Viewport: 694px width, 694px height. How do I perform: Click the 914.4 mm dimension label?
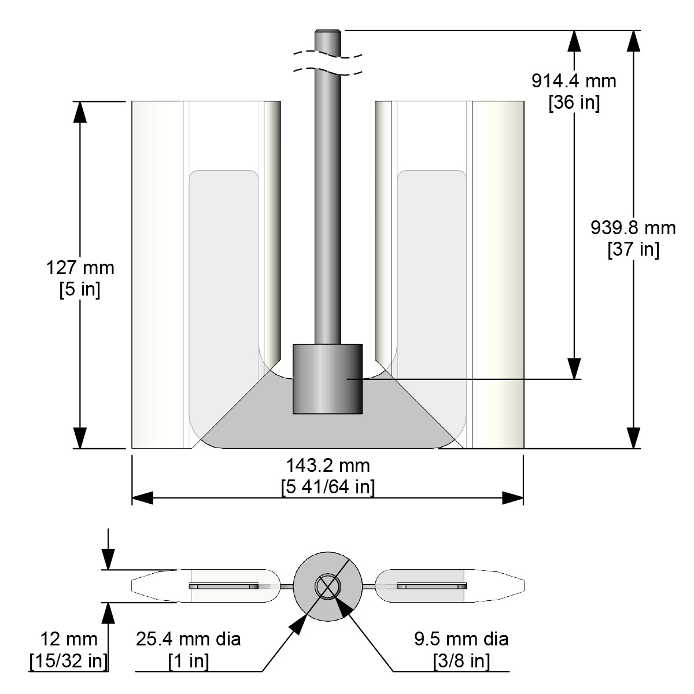click(x=574, y=80)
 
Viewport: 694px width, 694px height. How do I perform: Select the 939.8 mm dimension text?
click(x=633, y=228)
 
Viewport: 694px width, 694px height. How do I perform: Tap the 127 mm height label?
click(x=80, y=268)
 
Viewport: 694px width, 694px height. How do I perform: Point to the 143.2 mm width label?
click(x=328, y=465)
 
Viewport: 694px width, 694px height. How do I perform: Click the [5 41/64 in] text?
click(x=328, y=487)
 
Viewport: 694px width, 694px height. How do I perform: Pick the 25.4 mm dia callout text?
click(x=189, y=639)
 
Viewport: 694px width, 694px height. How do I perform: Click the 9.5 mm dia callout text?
click(x=462, y=639)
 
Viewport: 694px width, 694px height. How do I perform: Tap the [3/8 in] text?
click(x=462, y=660)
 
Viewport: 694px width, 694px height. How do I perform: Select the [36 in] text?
click(x=574, y=102)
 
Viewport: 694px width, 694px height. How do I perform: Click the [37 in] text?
click(x=633, y=250)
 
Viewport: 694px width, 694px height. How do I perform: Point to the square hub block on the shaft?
click(x=327, y=379)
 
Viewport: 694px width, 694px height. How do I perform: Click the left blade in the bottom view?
click(x=205, y=586)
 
